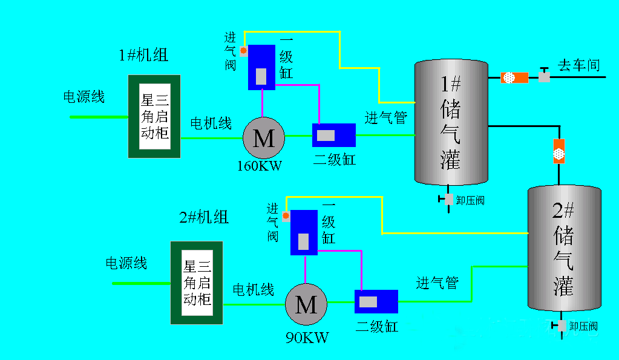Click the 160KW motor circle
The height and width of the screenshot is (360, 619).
[x=263, y=138]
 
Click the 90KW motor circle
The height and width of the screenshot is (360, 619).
[x=306, y=304]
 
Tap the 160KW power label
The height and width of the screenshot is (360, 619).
[x=260, y=165]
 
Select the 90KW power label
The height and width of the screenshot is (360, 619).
[x=307, y=337]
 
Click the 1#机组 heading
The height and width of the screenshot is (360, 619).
[x=143, y=55]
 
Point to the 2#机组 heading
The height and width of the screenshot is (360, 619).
[x=204, y=217]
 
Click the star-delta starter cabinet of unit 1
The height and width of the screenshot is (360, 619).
[x=154, y=116]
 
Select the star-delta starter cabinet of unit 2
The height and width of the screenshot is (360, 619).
[x=197, y=282]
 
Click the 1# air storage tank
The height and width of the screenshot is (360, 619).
[x=451, y=122]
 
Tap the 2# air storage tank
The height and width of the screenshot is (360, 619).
[x=564, y=248]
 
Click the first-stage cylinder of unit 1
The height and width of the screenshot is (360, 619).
[x=261, y=67]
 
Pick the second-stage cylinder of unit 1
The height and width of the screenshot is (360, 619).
[x=333, y=135]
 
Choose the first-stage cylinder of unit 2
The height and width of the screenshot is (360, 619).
[x=304, y=232]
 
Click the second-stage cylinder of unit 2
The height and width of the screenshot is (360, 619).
[x=376, y=301]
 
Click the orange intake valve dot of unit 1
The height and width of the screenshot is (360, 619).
[x=243, y=51]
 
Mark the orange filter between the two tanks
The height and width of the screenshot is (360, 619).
[x=558, y=151]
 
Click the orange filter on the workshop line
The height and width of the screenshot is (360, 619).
[x=515, y=77]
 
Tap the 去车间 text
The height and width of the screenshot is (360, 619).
[x=578, y=65]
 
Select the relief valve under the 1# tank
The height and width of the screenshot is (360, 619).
[x=448, y=199]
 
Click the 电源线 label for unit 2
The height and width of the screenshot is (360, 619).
[x=126, y=263]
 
